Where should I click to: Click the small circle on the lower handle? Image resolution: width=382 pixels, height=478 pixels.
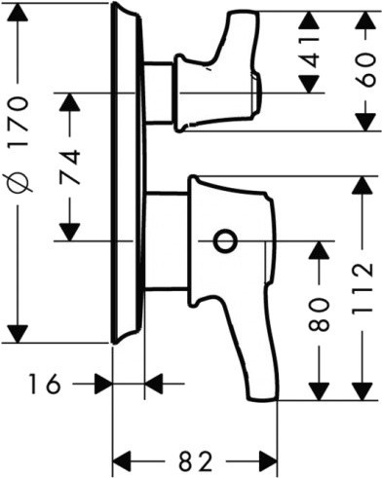click(x=224, y=240)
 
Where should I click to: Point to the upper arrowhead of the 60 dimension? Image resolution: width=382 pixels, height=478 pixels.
click(x=366, y=21)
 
